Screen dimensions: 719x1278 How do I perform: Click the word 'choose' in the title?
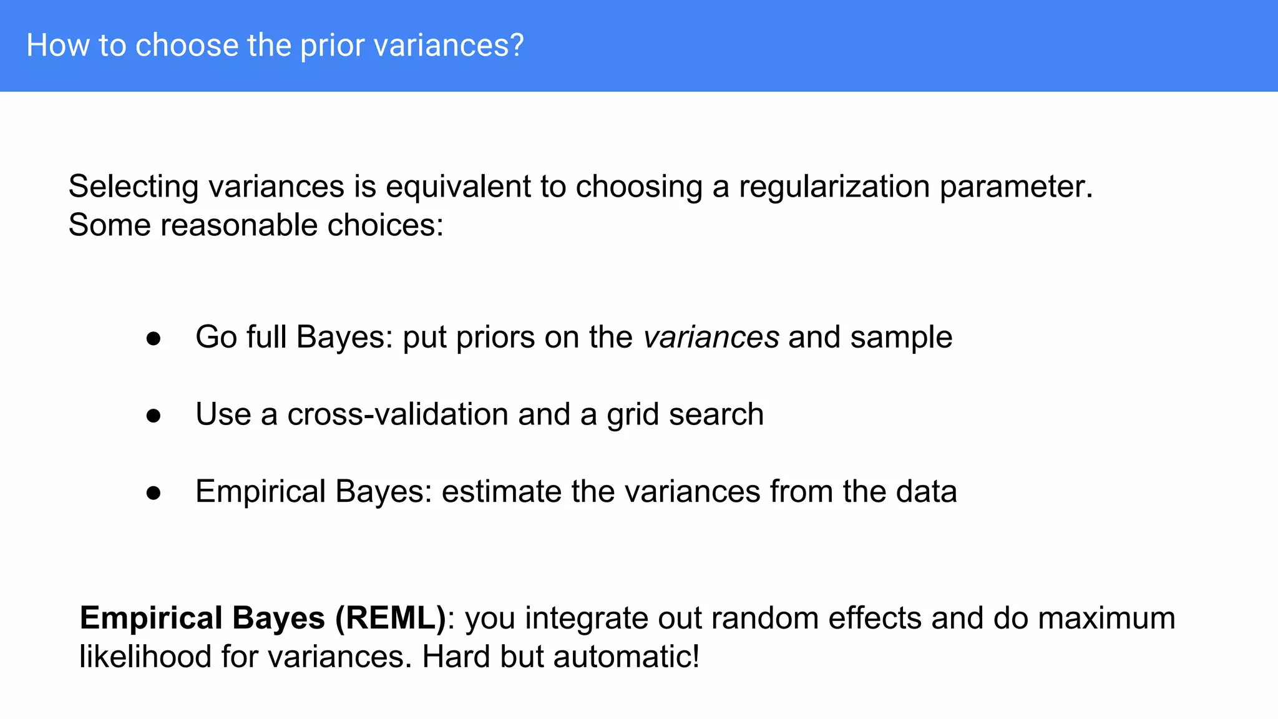(x=187, y=46)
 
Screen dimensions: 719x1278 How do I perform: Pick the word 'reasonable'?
(x=238, y=225)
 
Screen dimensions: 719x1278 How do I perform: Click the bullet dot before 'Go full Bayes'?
(x=154, y=339)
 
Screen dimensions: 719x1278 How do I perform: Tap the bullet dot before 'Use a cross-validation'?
(x=154, y=416)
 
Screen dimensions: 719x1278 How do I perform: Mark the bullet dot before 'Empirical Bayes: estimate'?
(x=154, y=493)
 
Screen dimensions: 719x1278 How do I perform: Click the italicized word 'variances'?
(x=711, y=338)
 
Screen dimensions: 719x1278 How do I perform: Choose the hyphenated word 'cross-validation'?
(x=398, y=414)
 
